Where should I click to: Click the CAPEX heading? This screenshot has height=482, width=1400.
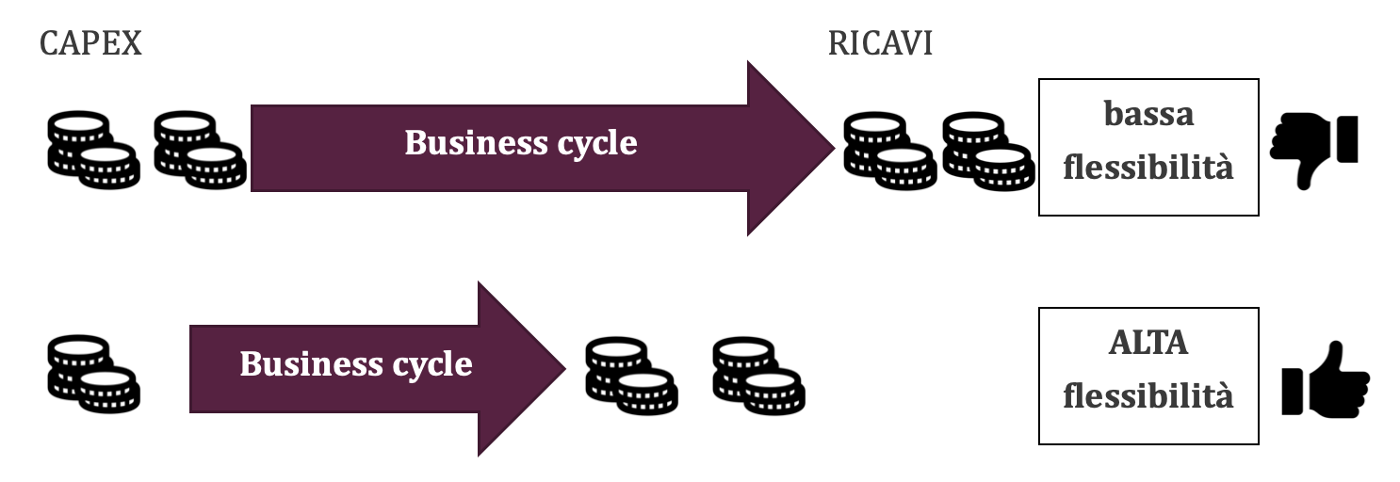90,43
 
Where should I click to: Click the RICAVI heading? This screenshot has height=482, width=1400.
880,43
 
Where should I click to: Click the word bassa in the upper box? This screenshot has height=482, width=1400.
1148,114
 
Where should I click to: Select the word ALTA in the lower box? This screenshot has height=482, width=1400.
1148,344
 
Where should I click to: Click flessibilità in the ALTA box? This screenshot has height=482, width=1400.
1148,397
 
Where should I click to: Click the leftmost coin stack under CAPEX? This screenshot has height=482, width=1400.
92,150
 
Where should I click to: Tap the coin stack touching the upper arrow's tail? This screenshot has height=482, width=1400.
199,150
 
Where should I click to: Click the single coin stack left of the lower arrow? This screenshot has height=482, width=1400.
92,374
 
